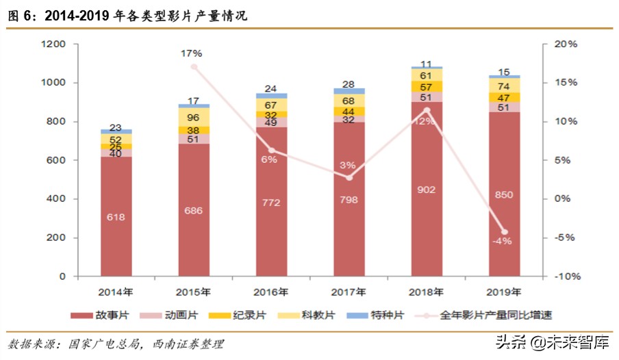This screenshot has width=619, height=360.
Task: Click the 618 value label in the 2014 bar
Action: click(x=116, y=217)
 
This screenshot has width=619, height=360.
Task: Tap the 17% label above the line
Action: click(x=192, y=53)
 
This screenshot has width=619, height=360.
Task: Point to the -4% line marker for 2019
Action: click(x=505, y=232)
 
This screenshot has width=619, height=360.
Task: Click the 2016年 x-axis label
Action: click(x=271, y=292)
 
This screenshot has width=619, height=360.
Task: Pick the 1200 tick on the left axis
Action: click(x=53, y=44)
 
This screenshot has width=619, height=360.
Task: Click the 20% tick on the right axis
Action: click(x=566, y=44)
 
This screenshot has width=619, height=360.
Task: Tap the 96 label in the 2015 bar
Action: click(x=194, y=117)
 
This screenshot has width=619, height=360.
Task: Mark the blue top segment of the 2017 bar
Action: click(x=349, y=91)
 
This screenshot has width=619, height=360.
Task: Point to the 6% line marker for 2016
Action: click(x=271, y=151)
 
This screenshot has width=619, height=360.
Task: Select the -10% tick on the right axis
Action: click(x=566, y=277)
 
